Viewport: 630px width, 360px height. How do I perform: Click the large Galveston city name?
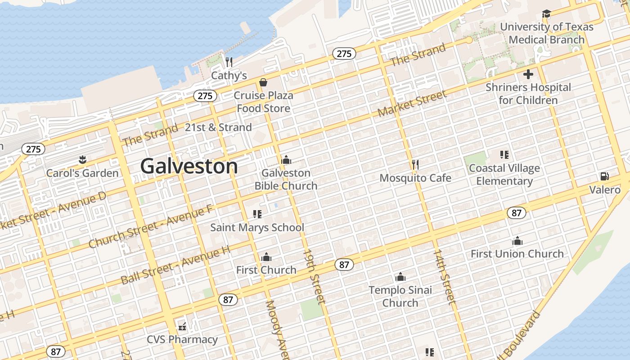pyautogui.click(x=189, y=166)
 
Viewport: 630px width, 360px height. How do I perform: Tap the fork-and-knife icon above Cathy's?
pyautogui.click(x=229, y=62)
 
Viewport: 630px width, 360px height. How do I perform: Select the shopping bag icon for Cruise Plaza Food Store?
pyautogui.click(x=263, y=82)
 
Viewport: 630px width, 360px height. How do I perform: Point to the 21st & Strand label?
pyautogui.click(x=218, y=127)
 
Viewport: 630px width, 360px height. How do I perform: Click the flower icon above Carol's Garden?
pyautogui.click(x=82, y=159)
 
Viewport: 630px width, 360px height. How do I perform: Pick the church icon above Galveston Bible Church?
pyautogui.click(x=286, y=160)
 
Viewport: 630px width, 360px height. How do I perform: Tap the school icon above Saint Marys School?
pyautogui.click(x=257, y=214)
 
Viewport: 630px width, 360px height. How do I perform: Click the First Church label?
pyautogui.click(x=266, y=270)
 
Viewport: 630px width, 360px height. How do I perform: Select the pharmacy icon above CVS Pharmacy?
pyautogui.click(x=182, y=326)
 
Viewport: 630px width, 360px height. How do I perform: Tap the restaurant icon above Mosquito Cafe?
pyautogui.click(x=415, y=165)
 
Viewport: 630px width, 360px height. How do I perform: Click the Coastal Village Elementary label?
pyautogui.click(x=504, y=175)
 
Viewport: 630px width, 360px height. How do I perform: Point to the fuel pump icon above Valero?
pyautogui.click(x=604, y=176)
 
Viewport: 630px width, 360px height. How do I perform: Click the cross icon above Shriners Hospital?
pyautogui.click(x=528, y=74)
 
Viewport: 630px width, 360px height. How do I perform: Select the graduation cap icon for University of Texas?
pyautogui.click(x=546, y=14)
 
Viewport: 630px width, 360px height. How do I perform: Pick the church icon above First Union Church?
pyautogui.click(x=517, y=241)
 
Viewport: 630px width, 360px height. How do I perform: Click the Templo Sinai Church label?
pyautogui.click(x=400, y=297)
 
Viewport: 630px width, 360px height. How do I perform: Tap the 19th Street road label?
pyautogui.click(x=314, y=276)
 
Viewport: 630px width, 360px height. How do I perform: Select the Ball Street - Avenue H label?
pyautogui.click(x=175, y=265)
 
